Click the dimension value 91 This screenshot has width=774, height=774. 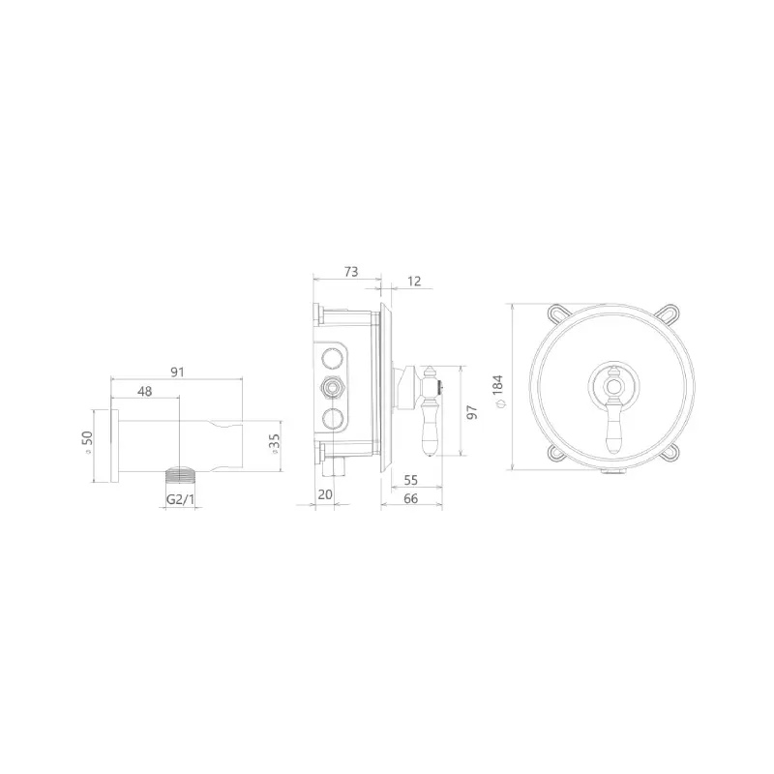[x=177, y=372]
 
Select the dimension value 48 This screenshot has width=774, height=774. [x=144, y=391]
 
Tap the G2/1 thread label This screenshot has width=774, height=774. [x=181, y=499]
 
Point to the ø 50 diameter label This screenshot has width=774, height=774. [x=87, y=442]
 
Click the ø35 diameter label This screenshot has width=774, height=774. [x=274, y=444]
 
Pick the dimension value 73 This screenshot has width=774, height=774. [x=351, y=272]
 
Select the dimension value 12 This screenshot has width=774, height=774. [x=415, y=281]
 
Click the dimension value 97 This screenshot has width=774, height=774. [x=472, y=412]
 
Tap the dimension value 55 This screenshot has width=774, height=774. [x=410, y=479]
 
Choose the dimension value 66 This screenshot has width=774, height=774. [x=410, y=498]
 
